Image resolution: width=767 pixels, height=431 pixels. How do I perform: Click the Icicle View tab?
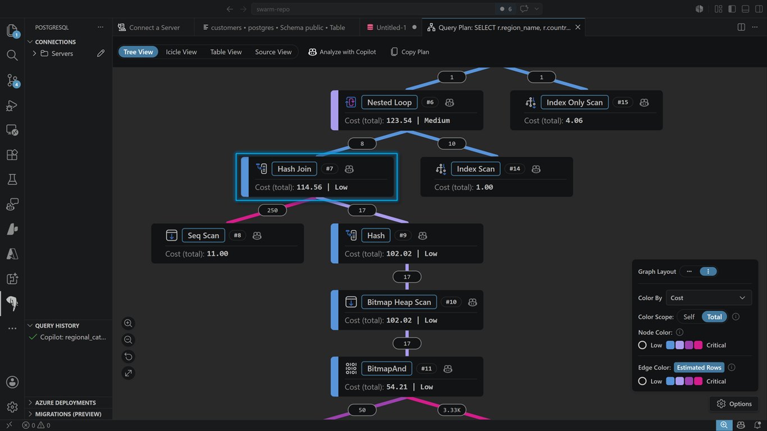click(181, 52)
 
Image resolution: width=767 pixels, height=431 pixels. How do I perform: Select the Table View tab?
click(226, 52)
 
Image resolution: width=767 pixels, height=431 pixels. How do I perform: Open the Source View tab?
click(273, 52)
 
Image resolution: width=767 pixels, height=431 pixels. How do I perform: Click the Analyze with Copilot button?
click(342, 52)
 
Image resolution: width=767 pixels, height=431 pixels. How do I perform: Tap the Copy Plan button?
click(410, 52)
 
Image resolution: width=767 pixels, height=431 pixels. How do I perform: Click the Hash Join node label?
click(294, 169)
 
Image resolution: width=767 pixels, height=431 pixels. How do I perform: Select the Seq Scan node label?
click(203, 236)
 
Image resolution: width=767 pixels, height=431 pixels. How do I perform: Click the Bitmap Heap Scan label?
click(399, 302)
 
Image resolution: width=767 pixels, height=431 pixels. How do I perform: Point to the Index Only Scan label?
click(574, 102)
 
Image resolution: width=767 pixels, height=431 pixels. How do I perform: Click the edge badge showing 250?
click(272, 210)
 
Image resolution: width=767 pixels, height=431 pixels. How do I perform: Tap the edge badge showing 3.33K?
click(451, 410)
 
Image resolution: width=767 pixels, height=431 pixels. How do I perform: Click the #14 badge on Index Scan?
click(515, 169)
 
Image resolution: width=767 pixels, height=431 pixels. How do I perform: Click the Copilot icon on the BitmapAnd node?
click(448, 369)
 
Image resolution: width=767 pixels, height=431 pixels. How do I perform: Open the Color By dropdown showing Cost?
click(709, 298)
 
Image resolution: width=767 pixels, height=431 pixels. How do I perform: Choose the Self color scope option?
click(689, 317)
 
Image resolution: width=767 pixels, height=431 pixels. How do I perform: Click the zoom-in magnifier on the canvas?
click(128, 323)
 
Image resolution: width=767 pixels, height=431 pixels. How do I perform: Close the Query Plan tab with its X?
click(578, 27)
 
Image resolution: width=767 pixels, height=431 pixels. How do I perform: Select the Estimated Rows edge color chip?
click(699, 368)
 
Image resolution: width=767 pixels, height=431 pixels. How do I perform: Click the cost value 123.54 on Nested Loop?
click(399, 121)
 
